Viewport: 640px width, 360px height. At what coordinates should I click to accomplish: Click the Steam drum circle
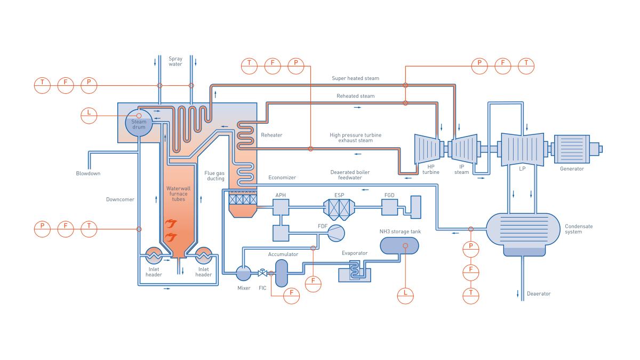[x=139, y=123]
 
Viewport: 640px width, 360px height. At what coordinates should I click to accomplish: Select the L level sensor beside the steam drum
[x=89, y=115]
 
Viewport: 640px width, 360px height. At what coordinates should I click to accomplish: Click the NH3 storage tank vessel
[x=399, y=245]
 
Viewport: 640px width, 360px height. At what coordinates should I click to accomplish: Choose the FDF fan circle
[x=336, y=233]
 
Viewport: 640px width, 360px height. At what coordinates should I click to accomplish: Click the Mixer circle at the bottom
[x=244, y=273]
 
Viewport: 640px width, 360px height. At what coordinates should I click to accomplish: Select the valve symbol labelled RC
[x=262, y=273]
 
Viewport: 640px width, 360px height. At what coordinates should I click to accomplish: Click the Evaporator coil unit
[x=355, y=270]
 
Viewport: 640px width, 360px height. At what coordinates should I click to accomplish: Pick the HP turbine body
[x=427, y=149]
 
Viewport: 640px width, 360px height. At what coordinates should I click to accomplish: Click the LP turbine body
[x=522, y=149]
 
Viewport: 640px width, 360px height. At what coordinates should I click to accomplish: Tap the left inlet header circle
[x=154, y=256]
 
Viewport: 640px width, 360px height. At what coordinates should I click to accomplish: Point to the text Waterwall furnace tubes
[x=178, y=194]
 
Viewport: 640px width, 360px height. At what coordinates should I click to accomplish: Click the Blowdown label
[x=88, y=173]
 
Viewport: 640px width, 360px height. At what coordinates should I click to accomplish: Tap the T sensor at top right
[x=526, y=66]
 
